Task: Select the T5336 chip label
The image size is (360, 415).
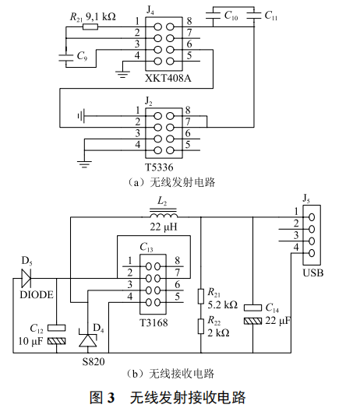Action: pos(161,167)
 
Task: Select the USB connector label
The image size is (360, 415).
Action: pos(312,273)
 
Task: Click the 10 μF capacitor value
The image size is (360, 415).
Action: pos(30,341)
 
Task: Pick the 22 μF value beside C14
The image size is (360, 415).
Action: pos(278,321)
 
